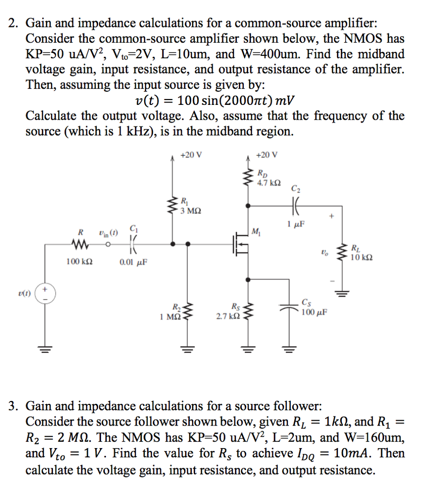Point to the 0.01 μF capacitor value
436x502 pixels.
133,262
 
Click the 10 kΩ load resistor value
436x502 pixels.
361,257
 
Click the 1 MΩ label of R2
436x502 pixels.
169,316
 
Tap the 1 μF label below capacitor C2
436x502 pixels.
296,224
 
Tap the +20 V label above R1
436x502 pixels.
191,155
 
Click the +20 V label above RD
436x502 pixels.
267,155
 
